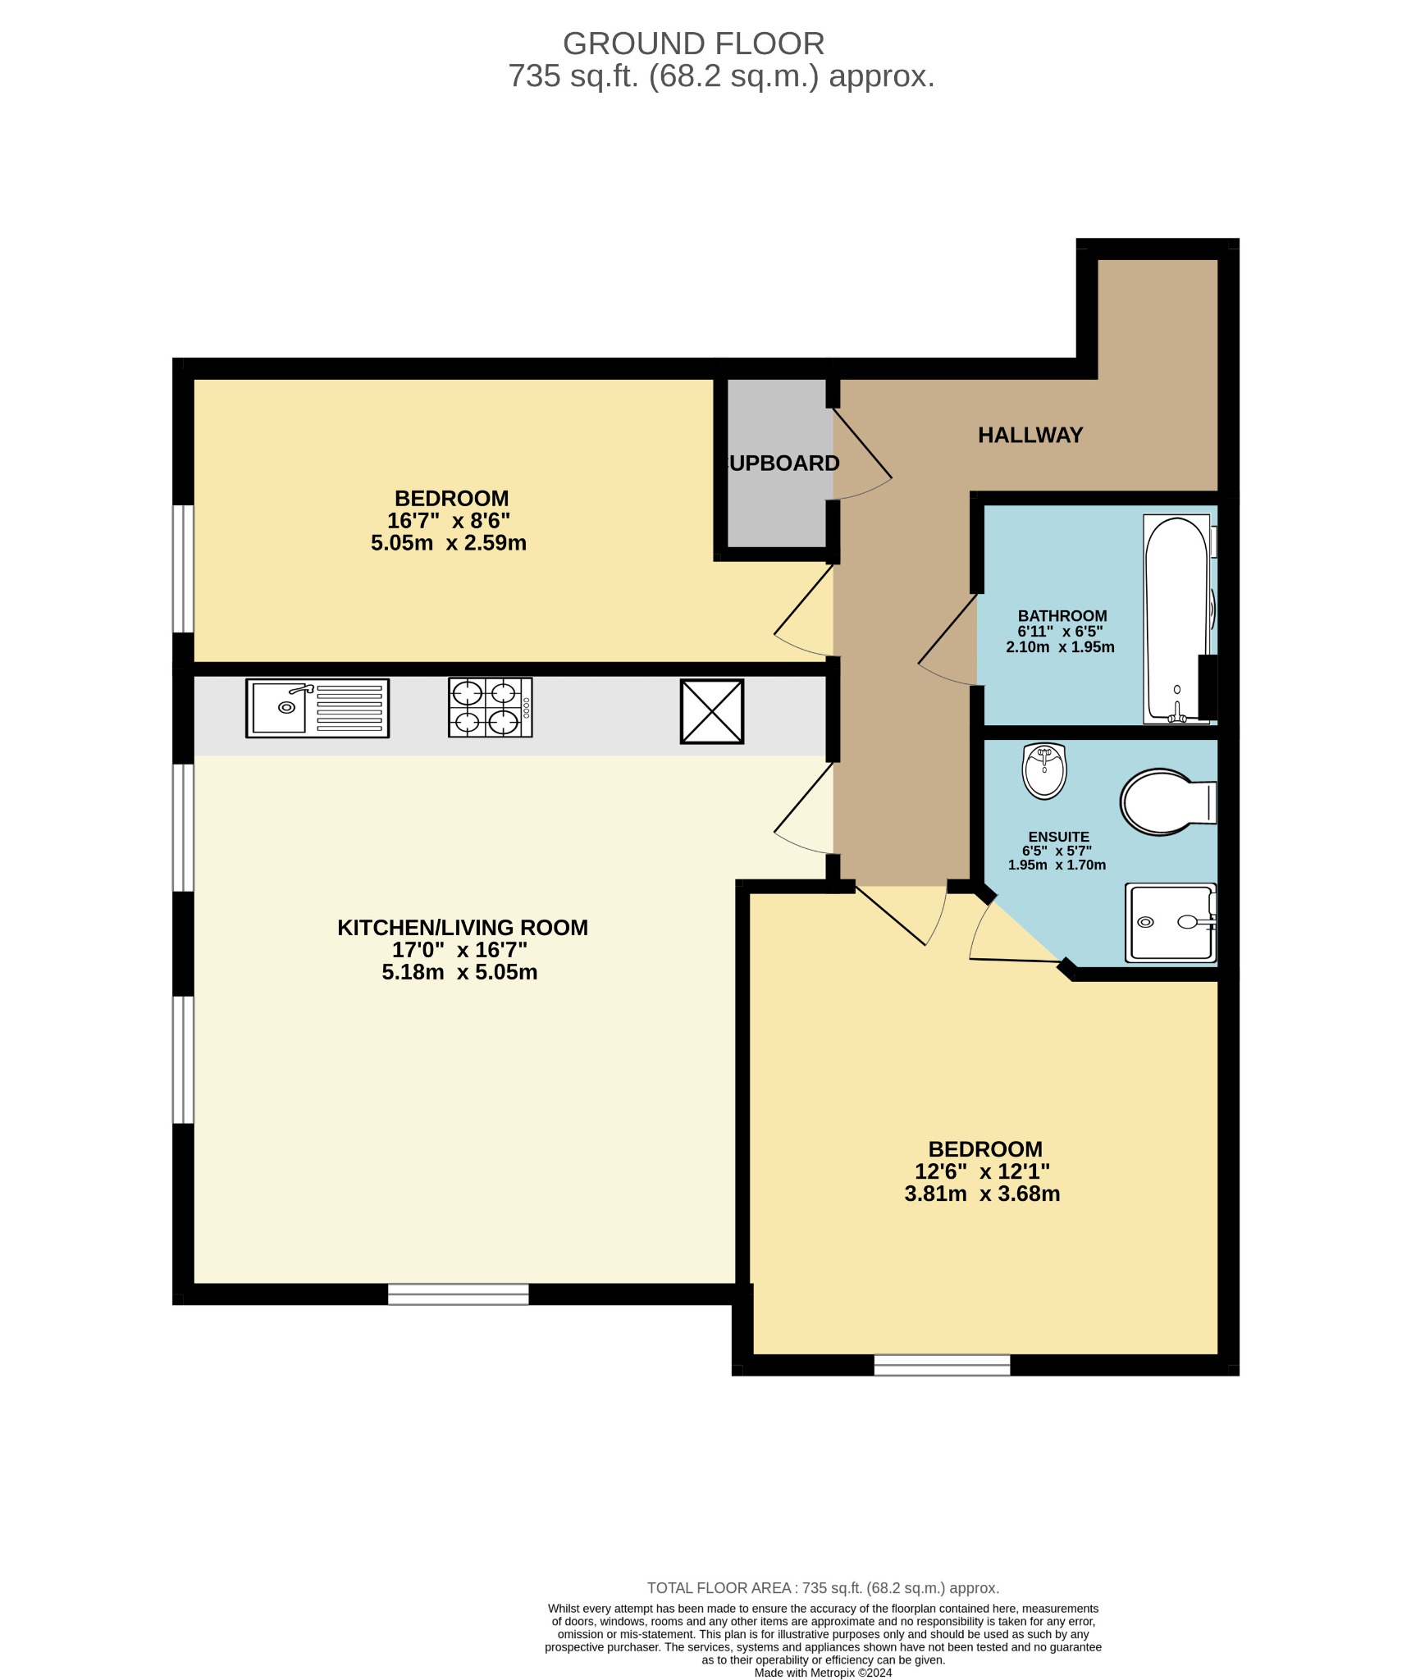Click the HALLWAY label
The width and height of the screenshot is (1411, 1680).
click(x=1030, y=435)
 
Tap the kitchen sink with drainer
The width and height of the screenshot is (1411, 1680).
click(x=317, y=708)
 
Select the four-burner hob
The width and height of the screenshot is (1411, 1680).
click(x=490, y=707)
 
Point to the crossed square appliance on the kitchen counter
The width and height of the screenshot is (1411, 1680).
click(x=711, y=711)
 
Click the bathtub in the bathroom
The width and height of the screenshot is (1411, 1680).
click(x=1176, y=619)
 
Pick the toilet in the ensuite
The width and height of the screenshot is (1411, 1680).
click(x=1167, y=801)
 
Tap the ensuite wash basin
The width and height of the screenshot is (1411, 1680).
click(x=1043, y=770)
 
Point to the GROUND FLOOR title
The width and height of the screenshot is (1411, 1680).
click(x=693, y=43)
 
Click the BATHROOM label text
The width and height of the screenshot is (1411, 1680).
click(x=1062, y=616)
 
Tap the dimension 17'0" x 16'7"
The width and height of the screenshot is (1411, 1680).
click(x=459, y=950)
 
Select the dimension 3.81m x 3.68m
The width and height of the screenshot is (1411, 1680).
click(x=982, y=1194)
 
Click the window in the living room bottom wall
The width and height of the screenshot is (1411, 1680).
click(x=458, y=1294)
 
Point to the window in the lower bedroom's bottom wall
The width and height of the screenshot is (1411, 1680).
click(x=942, y=1365)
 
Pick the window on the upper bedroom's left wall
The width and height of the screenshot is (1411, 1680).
click(x=183, y=568)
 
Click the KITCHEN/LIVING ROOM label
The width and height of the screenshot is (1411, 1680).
click(x=463, y=928)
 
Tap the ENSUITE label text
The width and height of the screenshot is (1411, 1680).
click(x=1058, y=838)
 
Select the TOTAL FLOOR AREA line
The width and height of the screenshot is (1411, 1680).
click(x=823, y=1588)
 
